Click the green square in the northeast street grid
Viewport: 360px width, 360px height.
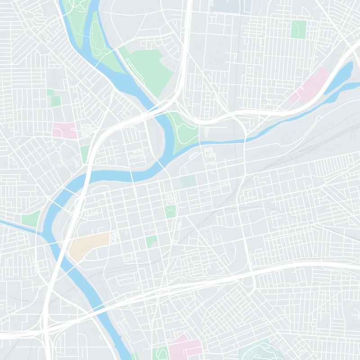tap(298, 29)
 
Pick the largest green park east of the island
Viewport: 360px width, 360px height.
tap(146, 67)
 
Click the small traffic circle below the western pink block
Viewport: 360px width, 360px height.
tap(58, 149)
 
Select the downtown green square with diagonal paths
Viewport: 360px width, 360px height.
tap(170, 211)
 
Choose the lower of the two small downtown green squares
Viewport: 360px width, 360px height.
tap(152, 241)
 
